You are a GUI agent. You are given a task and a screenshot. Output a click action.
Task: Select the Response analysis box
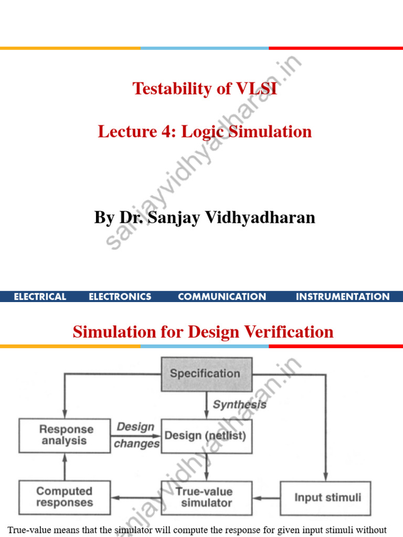pos(65,435)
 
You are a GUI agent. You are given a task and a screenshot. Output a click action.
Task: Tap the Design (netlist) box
pos(206,435)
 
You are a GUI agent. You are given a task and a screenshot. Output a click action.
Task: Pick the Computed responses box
pos(65,497)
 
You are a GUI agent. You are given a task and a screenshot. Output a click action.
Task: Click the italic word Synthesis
pos(239,405)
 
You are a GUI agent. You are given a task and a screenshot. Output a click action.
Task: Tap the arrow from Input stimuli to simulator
pos(265,498)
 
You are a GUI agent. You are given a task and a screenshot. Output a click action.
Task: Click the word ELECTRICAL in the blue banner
pos(40,297)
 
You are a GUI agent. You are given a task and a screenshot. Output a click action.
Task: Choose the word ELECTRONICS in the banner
pos(120,297)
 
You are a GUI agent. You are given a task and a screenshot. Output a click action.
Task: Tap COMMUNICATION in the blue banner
pos(222,297)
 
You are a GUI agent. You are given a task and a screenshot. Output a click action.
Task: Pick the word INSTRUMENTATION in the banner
pos(343,297)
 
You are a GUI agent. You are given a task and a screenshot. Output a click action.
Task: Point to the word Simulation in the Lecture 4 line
pos(273,131)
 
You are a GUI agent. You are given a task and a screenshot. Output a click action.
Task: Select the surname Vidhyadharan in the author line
pos(258,217)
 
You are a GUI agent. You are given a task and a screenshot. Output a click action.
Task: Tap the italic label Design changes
pos(136,435)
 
